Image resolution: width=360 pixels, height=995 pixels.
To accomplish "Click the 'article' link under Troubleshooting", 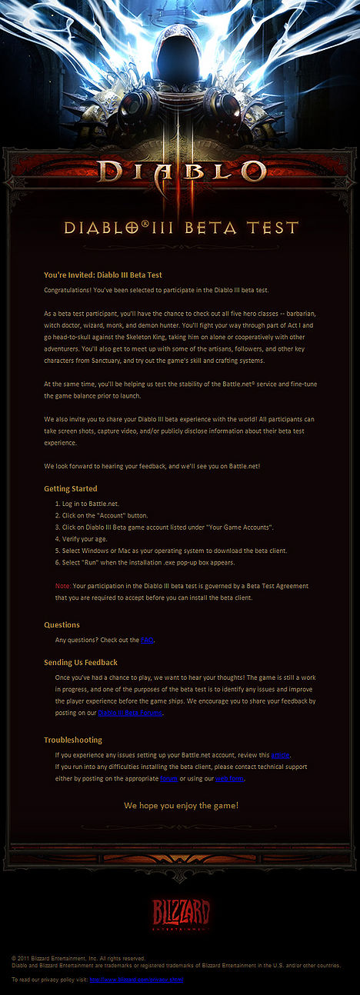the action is point(280,755).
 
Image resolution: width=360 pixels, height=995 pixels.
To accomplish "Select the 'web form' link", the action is point(229,778).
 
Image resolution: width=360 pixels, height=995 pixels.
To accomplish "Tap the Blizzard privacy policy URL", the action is point(136,980).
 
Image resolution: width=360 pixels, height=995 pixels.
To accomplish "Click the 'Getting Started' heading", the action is point(71,488).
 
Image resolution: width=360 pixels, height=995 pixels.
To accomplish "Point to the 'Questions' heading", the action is point(62,624).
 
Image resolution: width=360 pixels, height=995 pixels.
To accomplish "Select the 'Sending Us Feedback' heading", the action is point(81,662).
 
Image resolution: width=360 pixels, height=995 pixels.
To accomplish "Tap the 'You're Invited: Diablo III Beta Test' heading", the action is point(103,275).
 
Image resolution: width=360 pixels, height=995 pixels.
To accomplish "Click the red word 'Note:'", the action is point(63,586).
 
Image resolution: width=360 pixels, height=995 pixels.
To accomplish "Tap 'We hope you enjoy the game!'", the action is point(181,805).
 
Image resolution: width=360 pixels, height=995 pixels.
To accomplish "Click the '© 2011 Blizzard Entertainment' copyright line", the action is point(78,958).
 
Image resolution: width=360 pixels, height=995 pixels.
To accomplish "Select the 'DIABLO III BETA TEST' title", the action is point(181,228).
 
